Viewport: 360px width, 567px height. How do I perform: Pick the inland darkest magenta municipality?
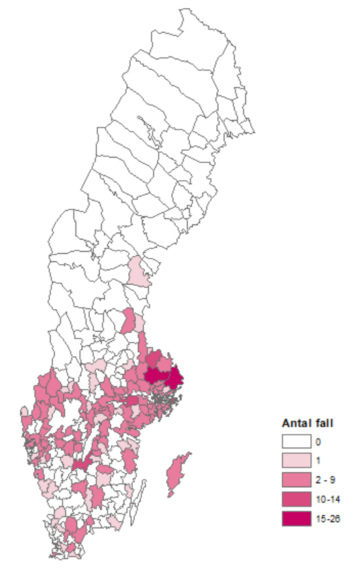(156, 375)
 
